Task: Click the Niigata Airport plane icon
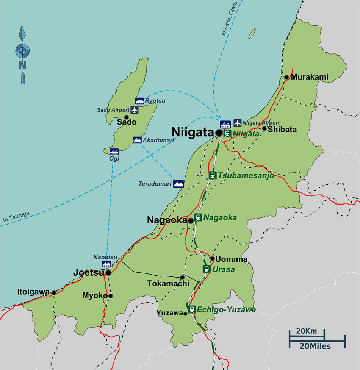point(237,123)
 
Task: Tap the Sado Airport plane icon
point(135,110)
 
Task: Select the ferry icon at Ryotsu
point(139,101)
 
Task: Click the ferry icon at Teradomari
point(178,184)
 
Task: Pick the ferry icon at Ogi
point(114,151)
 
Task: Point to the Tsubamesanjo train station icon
point(213,175)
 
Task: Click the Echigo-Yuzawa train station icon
point(192,309)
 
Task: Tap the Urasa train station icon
point(207,269)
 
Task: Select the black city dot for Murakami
point(287,77)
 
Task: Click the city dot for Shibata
point(265,129)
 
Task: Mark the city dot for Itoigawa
point(54,292)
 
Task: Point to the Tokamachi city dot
point(182,277)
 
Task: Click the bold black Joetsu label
point(88,272)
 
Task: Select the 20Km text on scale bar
point(307,331)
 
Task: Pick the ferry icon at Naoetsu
point(107,264)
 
